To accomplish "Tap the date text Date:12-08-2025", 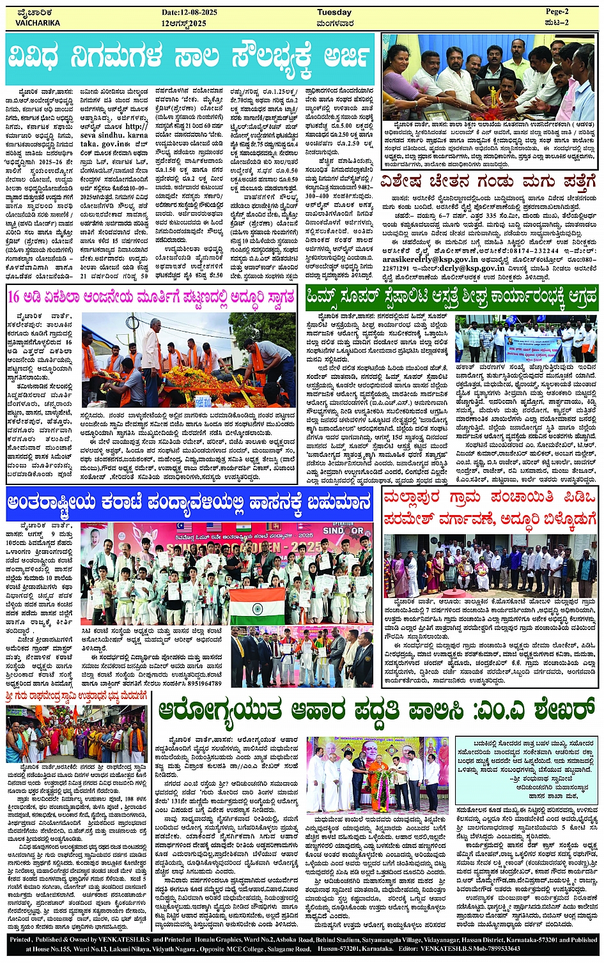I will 190,12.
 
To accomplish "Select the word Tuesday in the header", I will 334,12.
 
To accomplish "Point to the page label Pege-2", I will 557,12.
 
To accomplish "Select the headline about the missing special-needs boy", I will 489,183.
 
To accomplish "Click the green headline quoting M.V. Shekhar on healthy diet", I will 376,709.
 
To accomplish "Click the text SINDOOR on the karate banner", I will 343,531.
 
